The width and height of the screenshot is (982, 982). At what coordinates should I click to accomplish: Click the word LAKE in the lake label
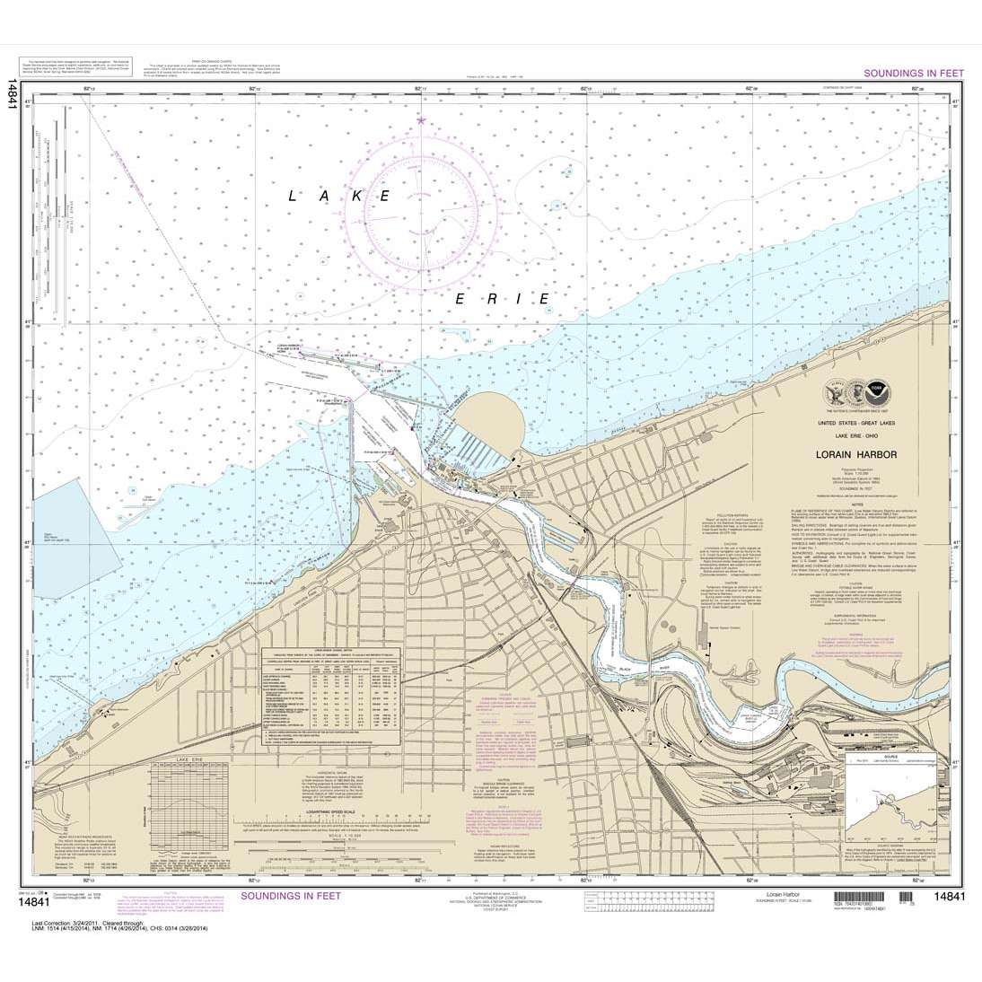point(338,194)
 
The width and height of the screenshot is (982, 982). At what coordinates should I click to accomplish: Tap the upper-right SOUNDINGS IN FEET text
point(911,73)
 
